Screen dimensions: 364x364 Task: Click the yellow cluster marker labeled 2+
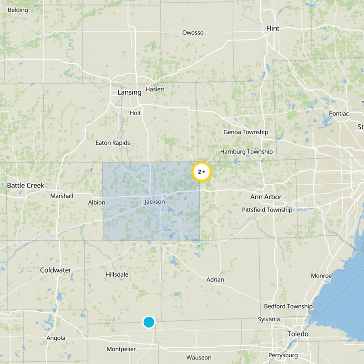click(x=202, y=172)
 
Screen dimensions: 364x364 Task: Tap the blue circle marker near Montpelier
click(x=149, y=322)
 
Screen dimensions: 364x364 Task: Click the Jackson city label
click(x=155, y=202)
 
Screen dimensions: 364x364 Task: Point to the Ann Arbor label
click(x=266, y=197)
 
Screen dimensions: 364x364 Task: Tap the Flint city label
click(x=273, y=28)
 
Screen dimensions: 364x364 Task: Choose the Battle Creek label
click(x=25, y=185)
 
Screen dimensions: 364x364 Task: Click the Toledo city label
click(x=298, y=334)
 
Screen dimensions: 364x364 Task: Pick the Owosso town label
click(x=193, y=32)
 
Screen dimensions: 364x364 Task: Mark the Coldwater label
click(x=56, y=270)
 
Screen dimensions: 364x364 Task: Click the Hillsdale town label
click(x=117, y=274)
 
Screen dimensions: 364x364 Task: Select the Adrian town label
click(x=215, y=279)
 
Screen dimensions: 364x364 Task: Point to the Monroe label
click(x=321, y=276)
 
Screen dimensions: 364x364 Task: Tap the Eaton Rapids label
click(x=112, y=142)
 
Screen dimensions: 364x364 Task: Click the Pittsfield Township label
click(x=267, y=210)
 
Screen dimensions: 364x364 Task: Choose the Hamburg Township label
click(x=246, y=152)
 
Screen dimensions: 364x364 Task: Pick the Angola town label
click(x=56, y=338)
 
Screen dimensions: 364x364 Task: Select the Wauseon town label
click(x=199, y=357)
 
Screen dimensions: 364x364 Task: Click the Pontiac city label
click(x=339, y=113)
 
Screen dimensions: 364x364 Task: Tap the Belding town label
click(x=18, y=10)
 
